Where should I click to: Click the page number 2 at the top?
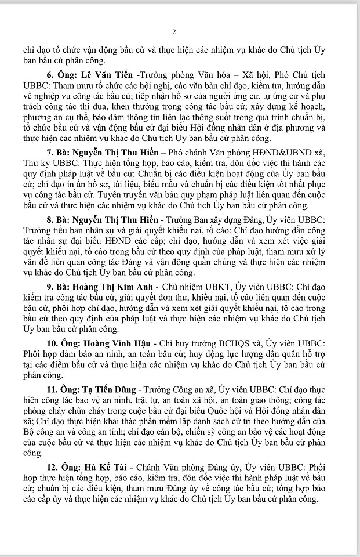(180, 31)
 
